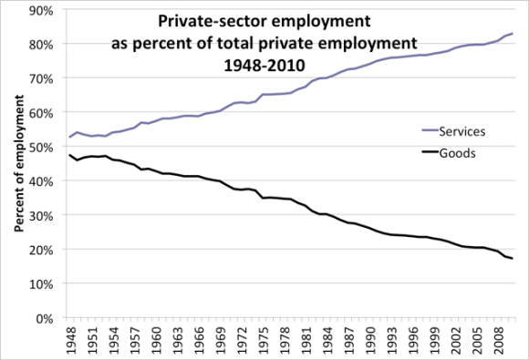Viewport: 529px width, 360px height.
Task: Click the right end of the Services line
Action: point(513,34)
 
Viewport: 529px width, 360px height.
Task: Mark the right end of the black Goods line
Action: point(513,259)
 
